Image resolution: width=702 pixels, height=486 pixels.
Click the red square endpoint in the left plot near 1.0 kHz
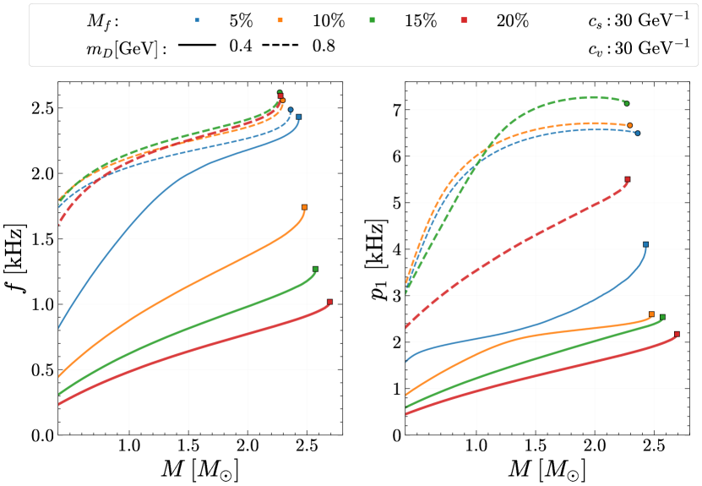(x=329, y=302)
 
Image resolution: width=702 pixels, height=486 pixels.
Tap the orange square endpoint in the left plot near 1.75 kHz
(x=304, y=207)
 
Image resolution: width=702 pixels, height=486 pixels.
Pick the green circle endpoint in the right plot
(x=627, y=103)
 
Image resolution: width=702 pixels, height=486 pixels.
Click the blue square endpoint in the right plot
(x=645, y=244)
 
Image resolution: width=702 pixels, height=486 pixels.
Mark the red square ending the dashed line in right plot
(x=627, y=179)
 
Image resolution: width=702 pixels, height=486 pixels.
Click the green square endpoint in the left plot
(x=315, y=269)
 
